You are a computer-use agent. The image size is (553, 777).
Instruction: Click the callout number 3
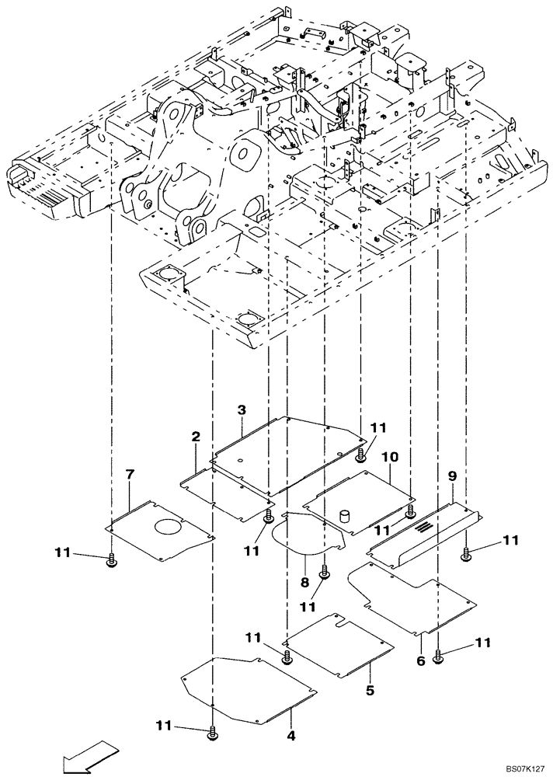pos(242,409)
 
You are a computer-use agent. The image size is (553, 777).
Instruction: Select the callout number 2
pos(196,438)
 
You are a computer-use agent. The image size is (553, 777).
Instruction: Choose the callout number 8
pos(304,580)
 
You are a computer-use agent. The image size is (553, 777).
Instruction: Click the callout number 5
pos(370,689)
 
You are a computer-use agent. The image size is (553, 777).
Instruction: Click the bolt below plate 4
pos(212,732)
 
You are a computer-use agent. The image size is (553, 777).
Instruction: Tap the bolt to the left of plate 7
pos(111,559)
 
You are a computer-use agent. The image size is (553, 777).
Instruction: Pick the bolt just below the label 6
pos(439,657)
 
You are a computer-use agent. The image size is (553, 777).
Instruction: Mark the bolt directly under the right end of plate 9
pos(466,552)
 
